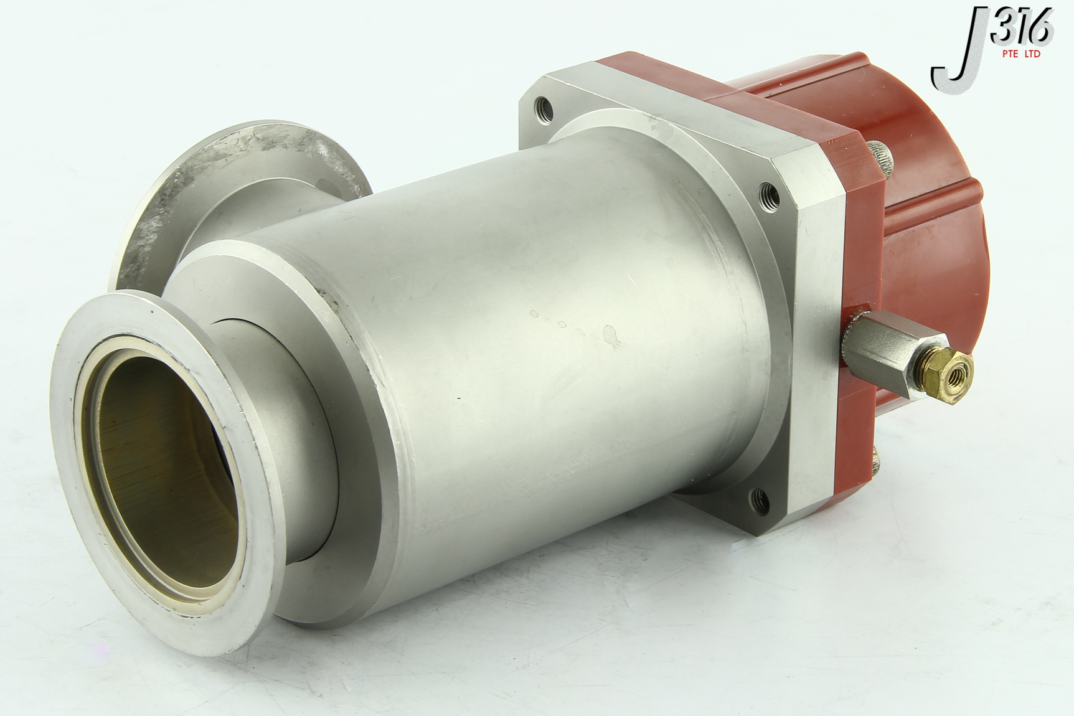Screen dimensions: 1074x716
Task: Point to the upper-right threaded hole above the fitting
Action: pos(770,197)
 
